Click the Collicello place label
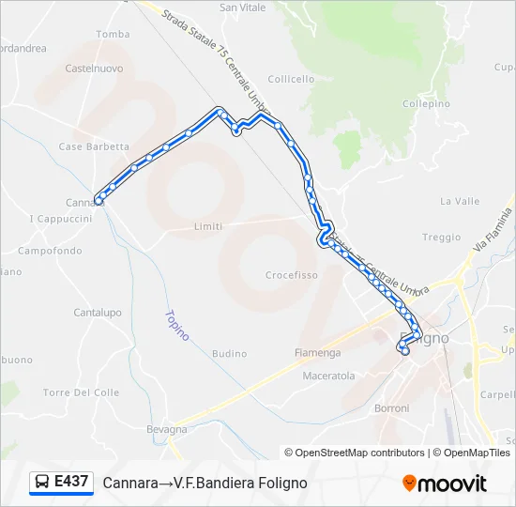coord(293,80)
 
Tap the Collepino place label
coord(426,104)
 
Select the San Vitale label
coord(242,8)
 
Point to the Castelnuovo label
coord(95,69)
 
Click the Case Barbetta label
coord(94,146)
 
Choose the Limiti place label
coord(207,226)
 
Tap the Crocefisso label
coord(292,275)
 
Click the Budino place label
coord(230,354)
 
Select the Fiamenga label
coord(318,353)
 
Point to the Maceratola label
coord(328,376)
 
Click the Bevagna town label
coord(167,429)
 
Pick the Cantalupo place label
coord(98,313)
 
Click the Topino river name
coord(176,325)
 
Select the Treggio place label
coord(441,238)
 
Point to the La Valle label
coord(460,201)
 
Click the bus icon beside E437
coord(42,483)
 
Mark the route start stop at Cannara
coord(99,199)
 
